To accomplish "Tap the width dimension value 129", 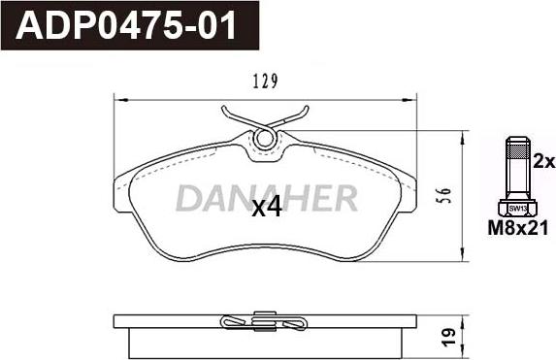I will pyautogui.click(x=264, y=82).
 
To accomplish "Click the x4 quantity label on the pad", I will pyautogui.click(x=266, y=207).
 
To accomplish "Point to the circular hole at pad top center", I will pyautogui.click(x=264, y=141).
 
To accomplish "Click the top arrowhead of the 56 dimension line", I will pyautogui.click(x=459, y=138).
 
